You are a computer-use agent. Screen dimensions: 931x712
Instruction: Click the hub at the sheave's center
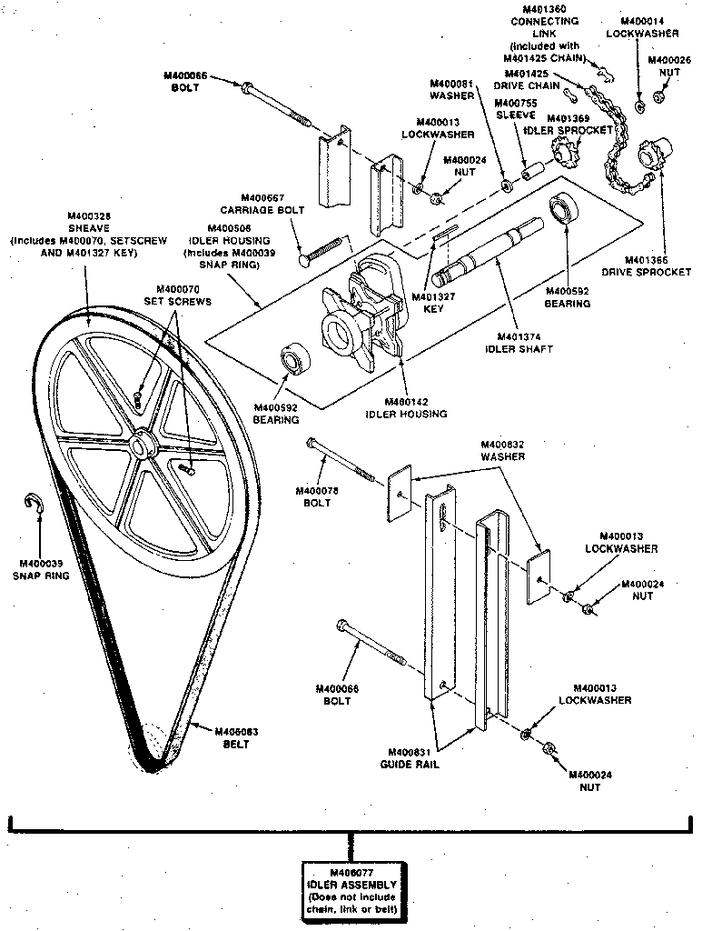[142, 445]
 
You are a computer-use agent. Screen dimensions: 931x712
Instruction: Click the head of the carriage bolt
[304, 261]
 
